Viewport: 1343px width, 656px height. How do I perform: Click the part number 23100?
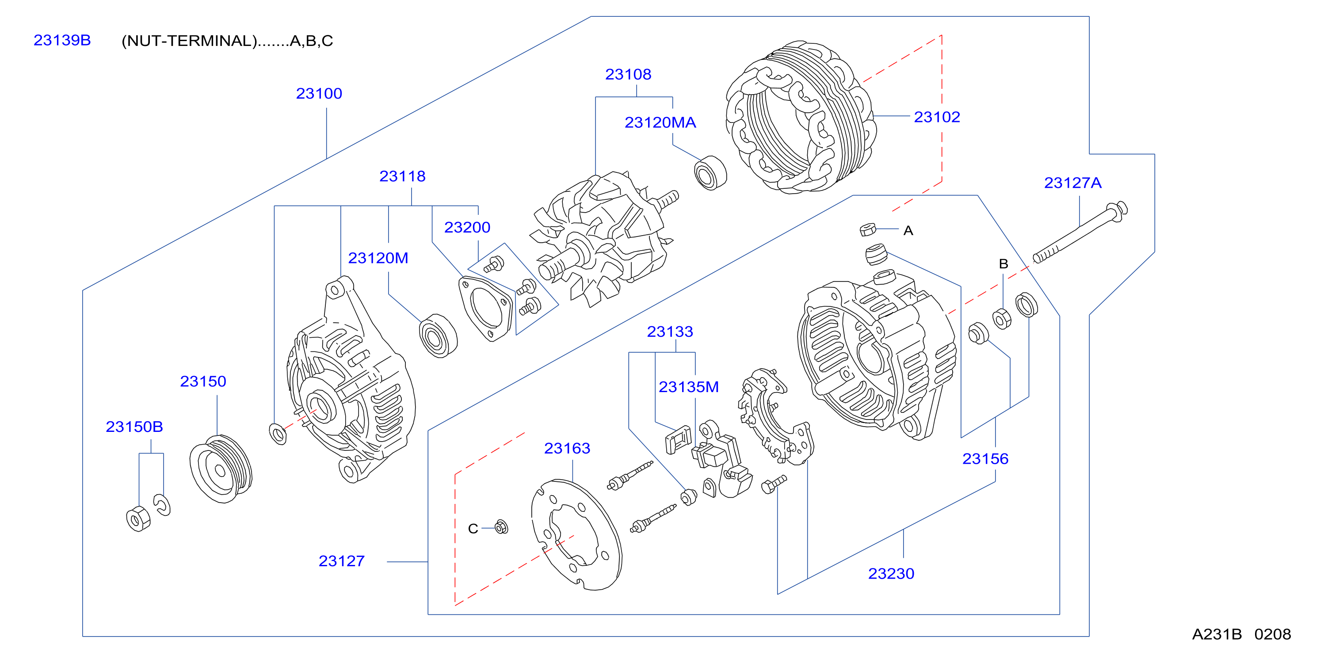pos(319,94)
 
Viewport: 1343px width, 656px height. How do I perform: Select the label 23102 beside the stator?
pos(937,117)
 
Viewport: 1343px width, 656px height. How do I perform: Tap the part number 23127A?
pos(1072,183)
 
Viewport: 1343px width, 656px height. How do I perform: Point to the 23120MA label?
pos(660,122)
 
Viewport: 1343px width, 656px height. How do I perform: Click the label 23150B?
pos(134,427)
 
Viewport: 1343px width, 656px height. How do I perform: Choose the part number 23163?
pos(567,448)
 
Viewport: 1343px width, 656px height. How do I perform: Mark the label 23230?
pos(891,574)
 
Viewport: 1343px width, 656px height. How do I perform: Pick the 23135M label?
pos(688,387)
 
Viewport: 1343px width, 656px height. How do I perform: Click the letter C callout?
pos(473,529)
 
